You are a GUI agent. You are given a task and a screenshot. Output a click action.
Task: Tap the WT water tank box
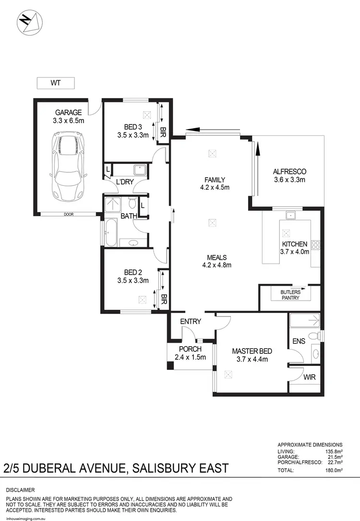point(56,83)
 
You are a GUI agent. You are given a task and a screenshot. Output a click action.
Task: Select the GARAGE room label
point(68,113)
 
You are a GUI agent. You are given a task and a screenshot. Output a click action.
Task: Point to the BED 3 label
point(133,127)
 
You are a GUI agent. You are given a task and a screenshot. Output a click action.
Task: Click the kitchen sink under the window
point(291,216)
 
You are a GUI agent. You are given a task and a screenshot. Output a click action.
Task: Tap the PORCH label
point(190,349)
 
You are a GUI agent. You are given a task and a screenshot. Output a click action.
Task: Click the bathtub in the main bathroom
point(109,233)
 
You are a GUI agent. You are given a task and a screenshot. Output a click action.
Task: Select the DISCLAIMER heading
point(20,490)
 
